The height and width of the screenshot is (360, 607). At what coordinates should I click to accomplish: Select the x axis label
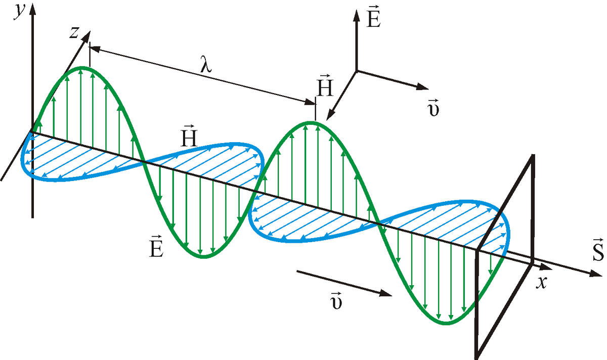point(542,282)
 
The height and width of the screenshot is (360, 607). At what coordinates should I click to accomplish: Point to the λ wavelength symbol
point(206,65)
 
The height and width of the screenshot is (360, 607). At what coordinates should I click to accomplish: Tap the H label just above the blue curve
point(188,137)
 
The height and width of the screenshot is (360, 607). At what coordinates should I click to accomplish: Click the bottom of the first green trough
point(203,257)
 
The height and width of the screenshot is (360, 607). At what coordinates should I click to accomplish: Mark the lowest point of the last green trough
point(448,322)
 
